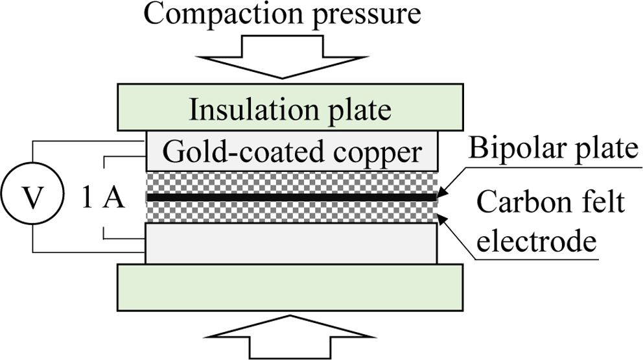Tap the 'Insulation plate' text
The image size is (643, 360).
[x=290, y=110]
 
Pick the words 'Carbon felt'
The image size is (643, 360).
[x=551, y=202]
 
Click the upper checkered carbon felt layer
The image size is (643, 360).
[x=292, y=182]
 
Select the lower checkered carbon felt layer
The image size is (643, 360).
[x=292, y=211]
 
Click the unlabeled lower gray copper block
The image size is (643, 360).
[x=292, y=243]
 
